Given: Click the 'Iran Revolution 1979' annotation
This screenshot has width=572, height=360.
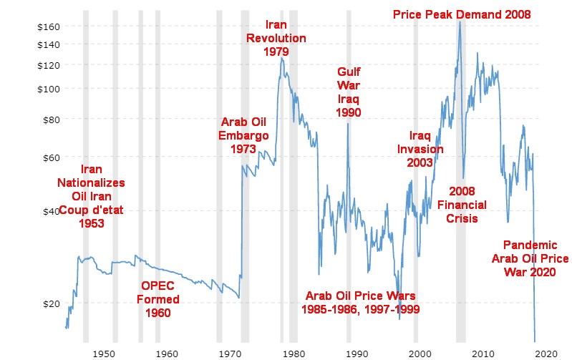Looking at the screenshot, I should (276, 38).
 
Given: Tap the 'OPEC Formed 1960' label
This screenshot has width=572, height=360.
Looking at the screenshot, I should (160, 299).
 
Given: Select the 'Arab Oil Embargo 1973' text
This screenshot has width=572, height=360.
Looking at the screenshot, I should (244, 135).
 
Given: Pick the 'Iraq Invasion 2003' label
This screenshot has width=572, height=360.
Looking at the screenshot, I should (420, 149).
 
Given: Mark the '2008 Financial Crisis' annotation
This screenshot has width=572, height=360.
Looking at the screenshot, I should (457, 205).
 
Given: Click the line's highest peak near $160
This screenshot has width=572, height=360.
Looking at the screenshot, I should (459, 21).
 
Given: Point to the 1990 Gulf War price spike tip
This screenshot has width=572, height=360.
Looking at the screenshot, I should (348, 124).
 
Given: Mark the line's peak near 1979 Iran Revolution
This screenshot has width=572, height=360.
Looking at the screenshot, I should (282, 59).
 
